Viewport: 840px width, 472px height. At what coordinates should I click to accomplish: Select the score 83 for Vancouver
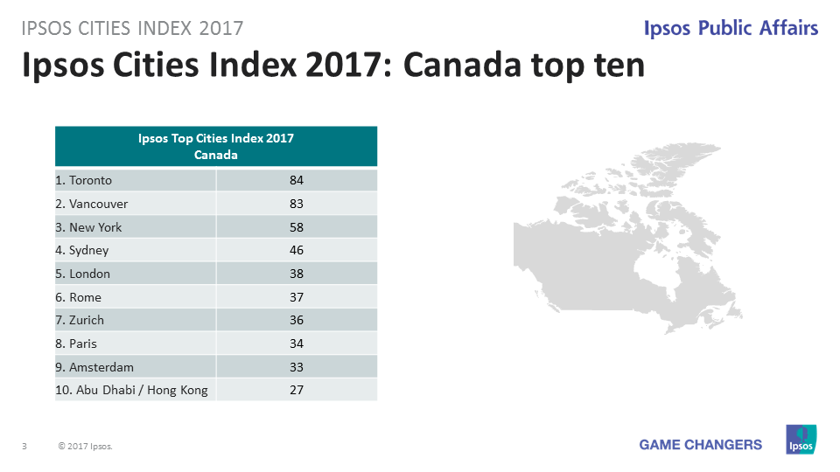[x=297, y=204]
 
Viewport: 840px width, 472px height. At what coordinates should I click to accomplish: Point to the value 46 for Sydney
[x=297, y=250]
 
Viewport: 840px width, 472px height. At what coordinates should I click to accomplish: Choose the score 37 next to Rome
[x=297, y=297]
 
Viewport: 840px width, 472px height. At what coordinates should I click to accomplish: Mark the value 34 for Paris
[x=297, y=344]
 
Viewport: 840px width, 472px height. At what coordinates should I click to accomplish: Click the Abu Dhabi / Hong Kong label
[x=131, y=390]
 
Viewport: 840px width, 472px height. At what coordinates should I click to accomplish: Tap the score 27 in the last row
[x=297, y=390]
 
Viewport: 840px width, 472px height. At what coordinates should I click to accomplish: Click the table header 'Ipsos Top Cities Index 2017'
[x=216, y=138]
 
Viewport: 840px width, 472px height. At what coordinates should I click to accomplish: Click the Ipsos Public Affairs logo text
[x=731, y=28]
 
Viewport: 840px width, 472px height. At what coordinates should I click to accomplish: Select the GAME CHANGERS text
[x=700, y=445]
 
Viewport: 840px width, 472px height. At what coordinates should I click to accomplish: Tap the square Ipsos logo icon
[x=801, y=439]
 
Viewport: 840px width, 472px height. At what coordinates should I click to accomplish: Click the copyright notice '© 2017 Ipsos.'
[x=85, y=447]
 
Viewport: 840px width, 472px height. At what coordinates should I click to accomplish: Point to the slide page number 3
[x=24, y=447]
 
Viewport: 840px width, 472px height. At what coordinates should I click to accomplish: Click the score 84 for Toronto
[x=297, y=181]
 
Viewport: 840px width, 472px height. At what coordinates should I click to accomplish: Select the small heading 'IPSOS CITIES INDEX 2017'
[x=132, y=28]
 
